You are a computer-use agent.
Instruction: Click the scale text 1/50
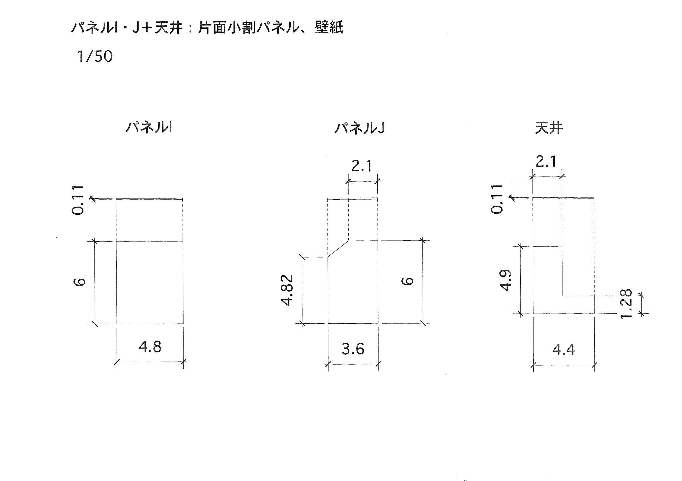pyautogui.click(x=95, y=57)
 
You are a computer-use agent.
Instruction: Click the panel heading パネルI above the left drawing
pyautogui.click(x=149, y=127)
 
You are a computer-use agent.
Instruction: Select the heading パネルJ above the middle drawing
pyautogui.click(x=360, y=128)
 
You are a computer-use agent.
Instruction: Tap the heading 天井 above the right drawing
pyautogui.click(x=549, y=128)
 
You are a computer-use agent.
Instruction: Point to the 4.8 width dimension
pyautogui.click(x=150, y=347)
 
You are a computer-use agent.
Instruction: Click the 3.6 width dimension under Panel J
pyautogui.click(x=353, y=349)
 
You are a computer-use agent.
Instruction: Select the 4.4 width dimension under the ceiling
pyautogui.click(x=564, y=350)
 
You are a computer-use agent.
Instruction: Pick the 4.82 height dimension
pyautogui.click(x=287, y=290)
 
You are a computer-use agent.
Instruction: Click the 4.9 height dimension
pyautogui.click(x=506, y=280)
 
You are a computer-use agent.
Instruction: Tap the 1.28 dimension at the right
pyautogui.click(x=626, y=304)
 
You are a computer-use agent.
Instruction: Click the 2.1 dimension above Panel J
pyautogui.click(x=362, y=166)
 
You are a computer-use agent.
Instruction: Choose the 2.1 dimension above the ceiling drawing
pyautogui.click(x=546, y=162)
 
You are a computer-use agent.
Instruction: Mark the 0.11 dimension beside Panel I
pyautogui.click(x=78, y=200)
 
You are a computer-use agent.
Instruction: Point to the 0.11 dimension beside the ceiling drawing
pyautogui.click(x=497, y=199)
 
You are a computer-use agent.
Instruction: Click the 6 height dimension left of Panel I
pyautogui.click(x=80, y=282)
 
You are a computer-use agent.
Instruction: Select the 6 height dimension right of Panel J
pyautogui.click(x=407, y=281)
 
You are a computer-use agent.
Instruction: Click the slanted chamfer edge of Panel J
pyautogui.click(x=338, y=249)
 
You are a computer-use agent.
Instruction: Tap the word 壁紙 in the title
pyautogui.click(x=329, y=27)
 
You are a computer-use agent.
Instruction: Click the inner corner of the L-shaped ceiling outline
pyautogui.click(x=562, y=295)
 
